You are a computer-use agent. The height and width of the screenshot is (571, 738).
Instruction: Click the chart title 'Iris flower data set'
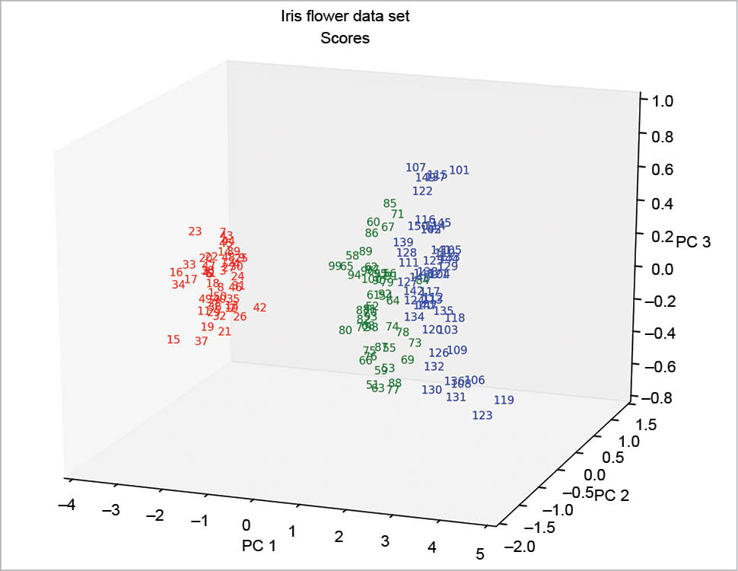pos(345,16)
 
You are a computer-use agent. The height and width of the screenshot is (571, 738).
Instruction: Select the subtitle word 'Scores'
pos(345,38)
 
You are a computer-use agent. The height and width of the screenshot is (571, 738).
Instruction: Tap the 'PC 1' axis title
pos(259,545)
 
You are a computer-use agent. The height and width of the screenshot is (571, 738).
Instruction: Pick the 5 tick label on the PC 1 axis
pos(480,553)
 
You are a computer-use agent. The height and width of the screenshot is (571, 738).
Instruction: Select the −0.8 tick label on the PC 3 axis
pos(659,397)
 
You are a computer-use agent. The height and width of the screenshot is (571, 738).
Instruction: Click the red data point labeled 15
pos(173,340)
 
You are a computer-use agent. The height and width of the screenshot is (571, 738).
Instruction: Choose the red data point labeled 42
pos(260,308)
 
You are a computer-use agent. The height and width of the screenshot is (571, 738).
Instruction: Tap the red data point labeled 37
pos(202,341)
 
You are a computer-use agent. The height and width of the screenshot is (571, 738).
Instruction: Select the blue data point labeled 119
pos(504,400)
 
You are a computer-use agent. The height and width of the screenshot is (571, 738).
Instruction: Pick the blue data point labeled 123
pos(482,416)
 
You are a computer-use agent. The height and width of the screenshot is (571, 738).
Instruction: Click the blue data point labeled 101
pos(460,170)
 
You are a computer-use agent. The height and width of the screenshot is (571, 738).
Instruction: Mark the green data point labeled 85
pos(390,203)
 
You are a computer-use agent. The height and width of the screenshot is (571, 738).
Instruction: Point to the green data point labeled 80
pos(345,330)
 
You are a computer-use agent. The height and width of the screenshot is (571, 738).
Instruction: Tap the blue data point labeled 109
pos(457,350)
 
